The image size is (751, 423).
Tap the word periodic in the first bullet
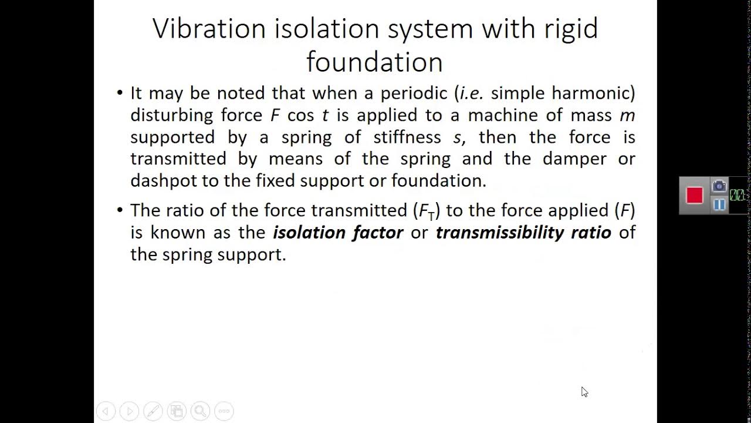[414, 93]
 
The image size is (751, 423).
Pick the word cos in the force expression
[300, 115]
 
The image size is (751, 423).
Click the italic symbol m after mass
[627, 115]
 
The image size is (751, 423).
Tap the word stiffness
[407, 137]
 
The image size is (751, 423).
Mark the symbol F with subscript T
[427, 211]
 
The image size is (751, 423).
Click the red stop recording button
[695, 195]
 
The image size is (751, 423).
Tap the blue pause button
[719, 204]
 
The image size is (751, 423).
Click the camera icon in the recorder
[719, 186]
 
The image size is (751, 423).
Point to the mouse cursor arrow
[584, 392]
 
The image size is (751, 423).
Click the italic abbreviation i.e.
[472, 93]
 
